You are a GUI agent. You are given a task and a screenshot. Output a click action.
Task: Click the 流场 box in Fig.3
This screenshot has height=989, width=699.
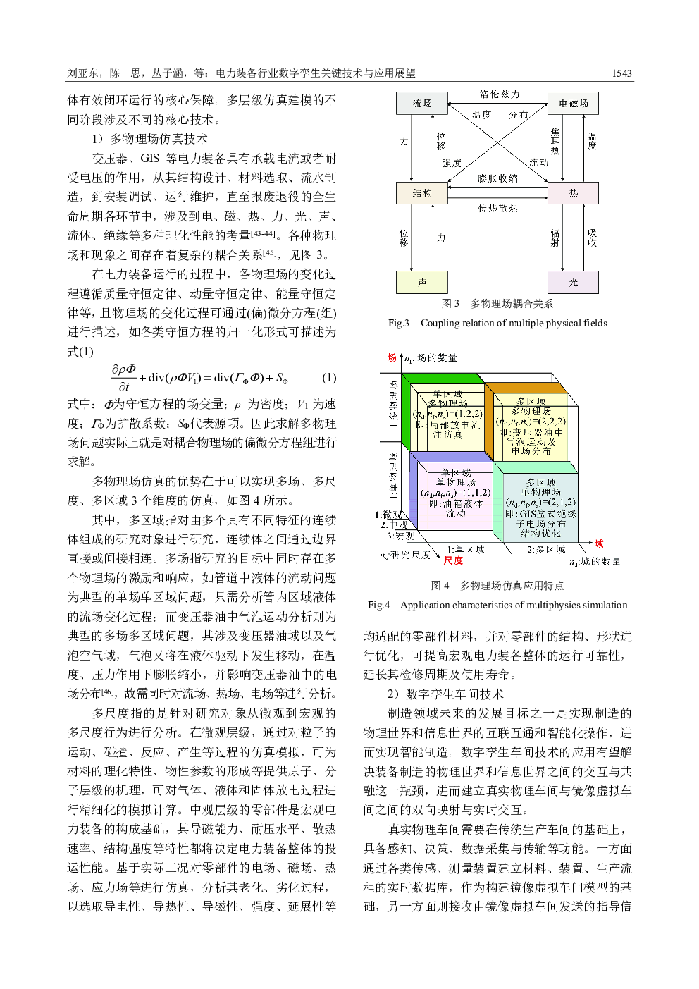point(421,103)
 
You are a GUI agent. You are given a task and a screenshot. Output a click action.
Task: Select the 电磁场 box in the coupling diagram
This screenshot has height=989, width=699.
point(573,103)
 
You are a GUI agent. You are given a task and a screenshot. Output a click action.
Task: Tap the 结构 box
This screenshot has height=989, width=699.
point(421,193)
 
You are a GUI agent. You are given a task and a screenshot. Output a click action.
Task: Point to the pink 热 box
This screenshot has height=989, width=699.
point(573,193)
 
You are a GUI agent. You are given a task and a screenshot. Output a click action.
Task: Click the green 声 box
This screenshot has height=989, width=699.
point(421,283)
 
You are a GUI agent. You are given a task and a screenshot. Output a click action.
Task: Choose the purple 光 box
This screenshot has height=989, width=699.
point(573,283)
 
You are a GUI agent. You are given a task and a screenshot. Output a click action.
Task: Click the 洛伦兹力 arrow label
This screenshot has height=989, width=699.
point(499,93)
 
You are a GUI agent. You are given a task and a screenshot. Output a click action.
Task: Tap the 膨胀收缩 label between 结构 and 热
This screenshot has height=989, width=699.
point(497,178)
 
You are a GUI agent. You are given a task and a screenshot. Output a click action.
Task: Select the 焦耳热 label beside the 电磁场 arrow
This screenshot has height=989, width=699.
point(555,140)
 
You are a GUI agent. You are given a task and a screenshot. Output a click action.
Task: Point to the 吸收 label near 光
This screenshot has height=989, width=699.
point(592,237)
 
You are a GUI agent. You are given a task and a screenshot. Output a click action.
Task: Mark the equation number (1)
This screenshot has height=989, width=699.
point(328,377)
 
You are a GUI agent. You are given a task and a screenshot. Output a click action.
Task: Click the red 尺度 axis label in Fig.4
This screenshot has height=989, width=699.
point(453,560)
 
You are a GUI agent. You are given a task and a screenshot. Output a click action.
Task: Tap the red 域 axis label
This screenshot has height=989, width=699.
point(598,543)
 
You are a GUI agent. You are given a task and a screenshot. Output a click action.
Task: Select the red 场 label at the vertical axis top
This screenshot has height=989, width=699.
point(391,358)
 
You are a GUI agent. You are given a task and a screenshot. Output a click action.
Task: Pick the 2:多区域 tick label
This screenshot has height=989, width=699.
point(546,550)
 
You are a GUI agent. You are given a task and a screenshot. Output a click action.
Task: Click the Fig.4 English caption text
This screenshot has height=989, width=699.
point(497,605)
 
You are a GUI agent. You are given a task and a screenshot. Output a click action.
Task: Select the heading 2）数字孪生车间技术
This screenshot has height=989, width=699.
point(446,694)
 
